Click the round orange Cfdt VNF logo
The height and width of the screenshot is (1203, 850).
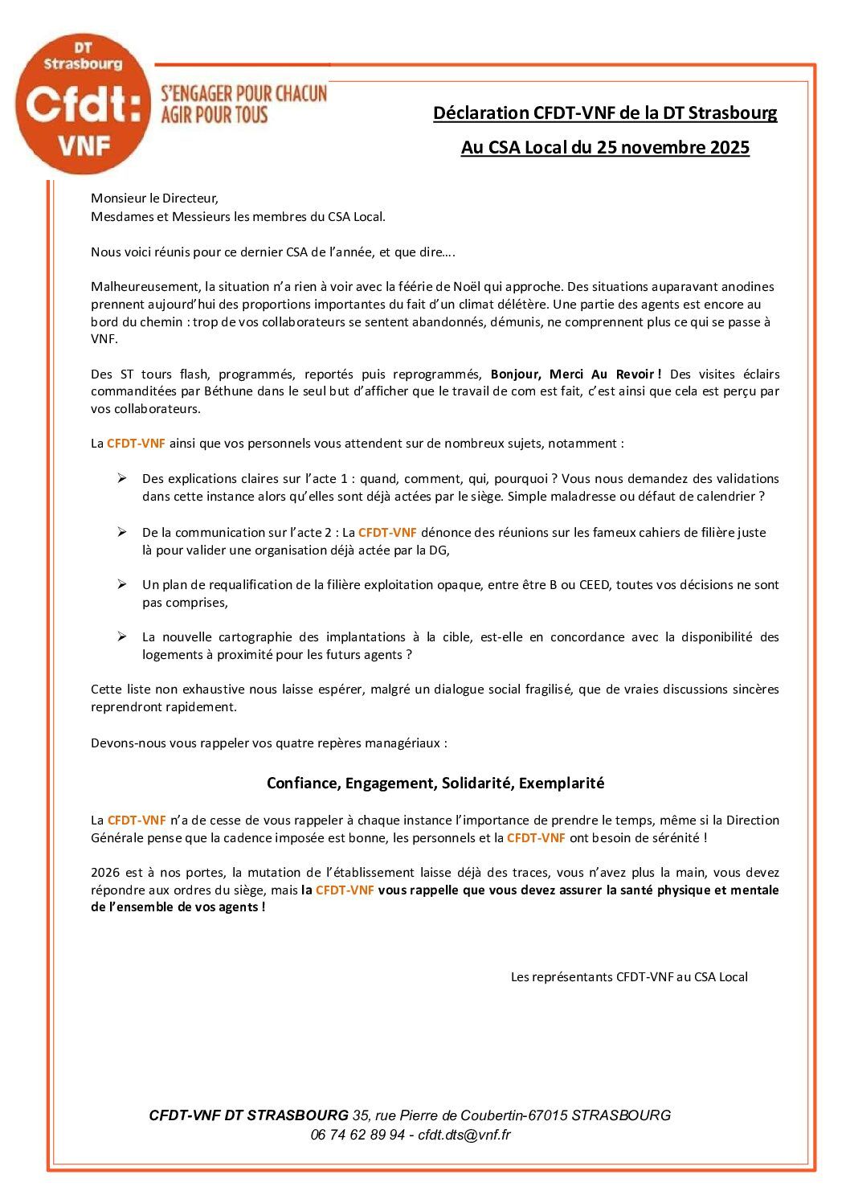point(83,104)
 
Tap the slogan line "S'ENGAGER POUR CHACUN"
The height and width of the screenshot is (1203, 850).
point(244,93)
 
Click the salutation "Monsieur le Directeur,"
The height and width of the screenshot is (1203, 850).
point(154,198)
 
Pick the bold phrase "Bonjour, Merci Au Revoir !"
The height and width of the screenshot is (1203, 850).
point(576,374)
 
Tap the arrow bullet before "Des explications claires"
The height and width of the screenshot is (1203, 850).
point(122,479)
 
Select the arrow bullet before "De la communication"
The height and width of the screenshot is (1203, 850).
point(122,532)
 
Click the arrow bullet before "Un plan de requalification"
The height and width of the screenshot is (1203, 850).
point(122,584)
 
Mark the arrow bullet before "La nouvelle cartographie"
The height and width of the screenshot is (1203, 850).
point(122,636)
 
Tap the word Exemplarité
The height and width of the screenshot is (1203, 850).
point(562,784)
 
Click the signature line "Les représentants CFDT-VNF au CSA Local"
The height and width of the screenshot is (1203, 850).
point(629,977)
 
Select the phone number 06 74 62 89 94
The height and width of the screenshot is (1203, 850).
point(358,1135)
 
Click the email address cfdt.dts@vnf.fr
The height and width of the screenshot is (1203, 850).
point(464,1135)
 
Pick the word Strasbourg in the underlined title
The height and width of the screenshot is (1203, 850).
point(733,113)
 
